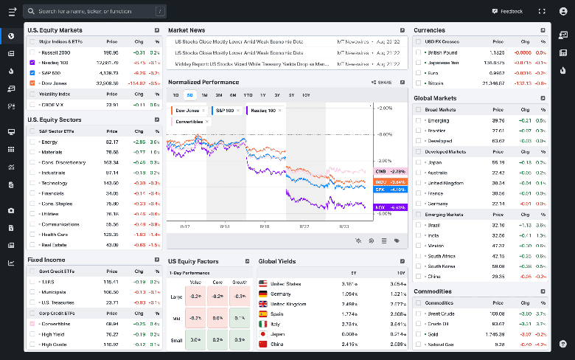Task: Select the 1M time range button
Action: point(204,95)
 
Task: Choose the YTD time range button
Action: point(248,95)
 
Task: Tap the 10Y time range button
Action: point(305,95)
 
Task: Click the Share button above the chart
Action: point(382,83)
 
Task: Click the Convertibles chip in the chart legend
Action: point(190,121)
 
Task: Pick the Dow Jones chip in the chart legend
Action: point(188,110)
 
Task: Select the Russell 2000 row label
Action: point(56,52)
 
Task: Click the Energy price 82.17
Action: point(112,142)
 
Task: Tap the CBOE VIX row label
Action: point(55,105)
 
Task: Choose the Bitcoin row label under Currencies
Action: point(437,83)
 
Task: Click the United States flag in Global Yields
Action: point(263,283)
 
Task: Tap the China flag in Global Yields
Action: point(263,344)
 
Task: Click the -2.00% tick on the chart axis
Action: point(384,160)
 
